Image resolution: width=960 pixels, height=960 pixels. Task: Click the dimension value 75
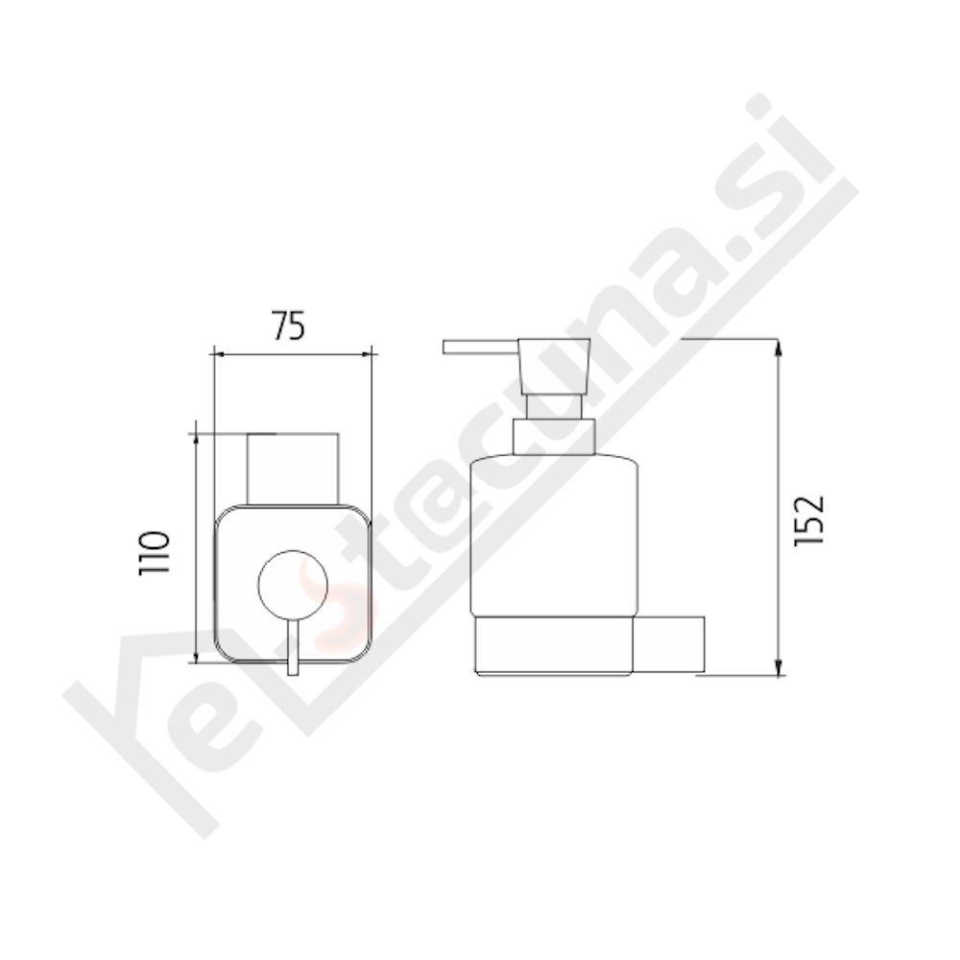coord(287,327)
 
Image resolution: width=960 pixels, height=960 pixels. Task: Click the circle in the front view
coord(293,586)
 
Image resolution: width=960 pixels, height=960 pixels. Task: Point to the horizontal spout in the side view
coord(480,347)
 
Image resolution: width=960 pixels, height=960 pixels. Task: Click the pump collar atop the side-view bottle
coord(554,437)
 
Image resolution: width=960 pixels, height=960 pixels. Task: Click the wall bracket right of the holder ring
coord(670,646)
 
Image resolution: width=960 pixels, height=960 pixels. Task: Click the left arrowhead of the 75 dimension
coord(217,354)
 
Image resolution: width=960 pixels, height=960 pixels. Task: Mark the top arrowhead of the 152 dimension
coord(779,347)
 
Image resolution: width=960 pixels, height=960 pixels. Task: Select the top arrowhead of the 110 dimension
coord(196,440)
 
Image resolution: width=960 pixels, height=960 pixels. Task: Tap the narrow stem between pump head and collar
coord(554,406)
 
